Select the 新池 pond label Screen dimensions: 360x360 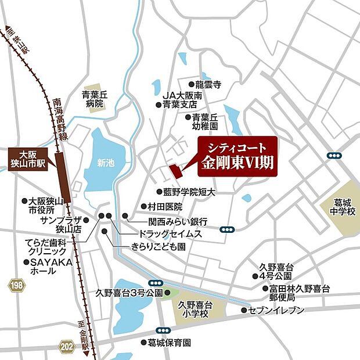point(106,163)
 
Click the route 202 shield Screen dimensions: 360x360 point(67,347)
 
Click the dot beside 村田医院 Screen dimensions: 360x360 point(143,206)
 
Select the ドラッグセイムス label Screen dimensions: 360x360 point(170,233)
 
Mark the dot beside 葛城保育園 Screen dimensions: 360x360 point(143,343)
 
